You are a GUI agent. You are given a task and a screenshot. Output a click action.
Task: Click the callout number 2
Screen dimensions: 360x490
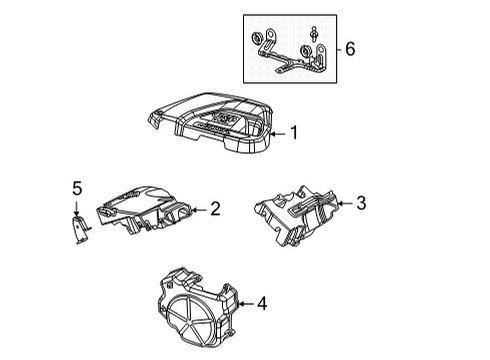click(x=215, y=209)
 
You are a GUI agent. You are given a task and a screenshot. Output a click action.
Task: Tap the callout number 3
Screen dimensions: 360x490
click(x=361, y=204)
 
